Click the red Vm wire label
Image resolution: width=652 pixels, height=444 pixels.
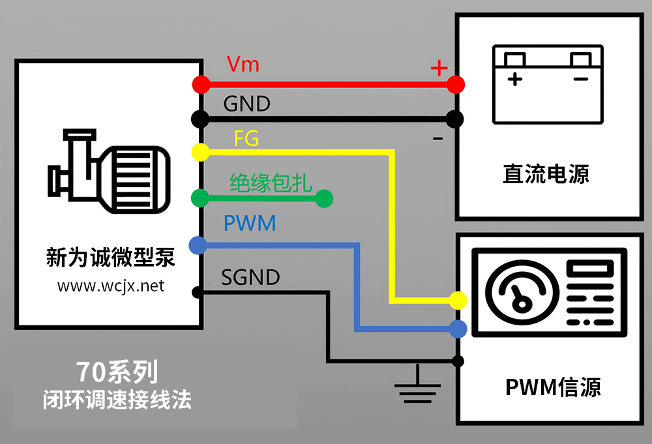point(243,65)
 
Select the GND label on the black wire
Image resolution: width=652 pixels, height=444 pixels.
point(246,104)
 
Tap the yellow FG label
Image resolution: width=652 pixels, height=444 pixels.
point(246,139)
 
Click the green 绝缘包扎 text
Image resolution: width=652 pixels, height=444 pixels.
point(271,183)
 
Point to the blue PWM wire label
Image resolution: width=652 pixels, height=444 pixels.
point(250,224)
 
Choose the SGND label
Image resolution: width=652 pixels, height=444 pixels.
point(250,277)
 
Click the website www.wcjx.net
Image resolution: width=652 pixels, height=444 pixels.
point(111,286)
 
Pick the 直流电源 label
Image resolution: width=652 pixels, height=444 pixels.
point(546,174)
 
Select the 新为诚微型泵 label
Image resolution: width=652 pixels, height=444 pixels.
point(111,257)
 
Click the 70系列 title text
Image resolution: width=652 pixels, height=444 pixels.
point(117,372)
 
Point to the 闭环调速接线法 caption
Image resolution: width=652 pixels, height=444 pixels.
point(117,400)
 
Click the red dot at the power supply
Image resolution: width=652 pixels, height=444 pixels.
point(456,84)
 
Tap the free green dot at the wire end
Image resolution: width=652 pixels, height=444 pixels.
point(324,198)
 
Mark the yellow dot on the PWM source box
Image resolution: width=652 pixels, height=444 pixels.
point(458,300)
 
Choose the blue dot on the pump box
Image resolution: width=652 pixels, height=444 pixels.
point(198,245)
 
